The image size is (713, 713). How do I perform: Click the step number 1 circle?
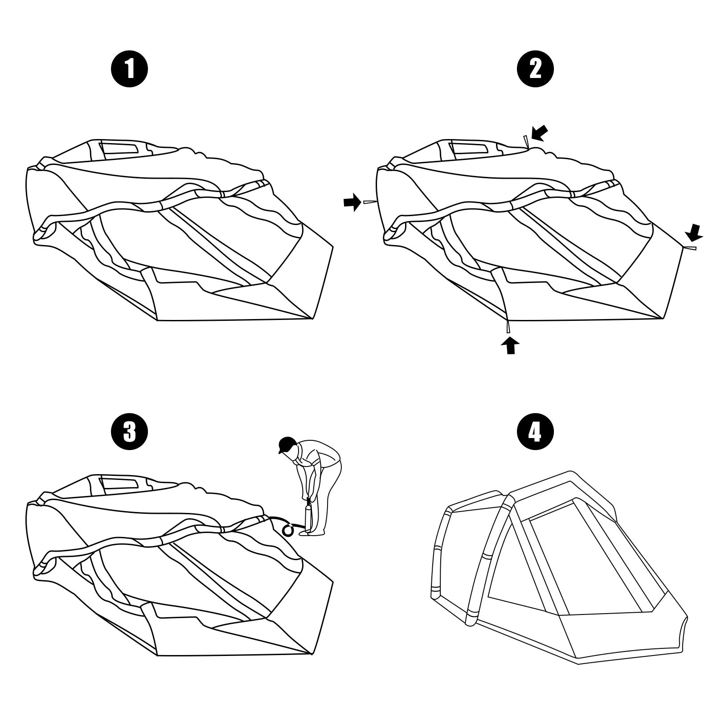coord(129,70)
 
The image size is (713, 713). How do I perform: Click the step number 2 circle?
coord(535,70)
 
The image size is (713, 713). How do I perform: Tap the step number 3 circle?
coord(129,432)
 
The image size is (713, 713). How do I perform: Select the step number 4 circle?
coord(535,432)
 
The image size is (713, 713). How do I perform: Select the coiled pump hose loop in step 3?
coord(288,530)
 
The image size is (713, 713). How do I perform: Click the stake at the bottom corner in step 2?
coord(508,327)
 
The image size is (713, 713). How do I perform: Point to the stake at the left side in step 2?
coord(370,202)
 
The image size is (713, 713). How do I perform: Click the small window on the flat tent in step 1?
coord(119,149)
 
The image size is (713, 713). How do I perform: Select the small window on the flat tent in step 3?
coord(119,484)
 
